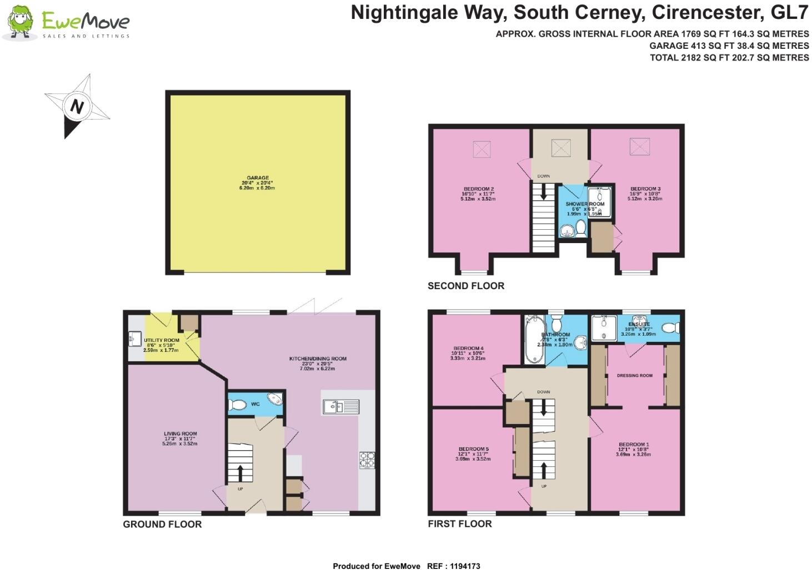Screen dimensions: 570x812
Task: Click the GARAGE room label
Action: (x=258, y=178)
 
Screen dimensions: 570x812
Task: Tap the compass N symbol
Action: (x=77, y=106)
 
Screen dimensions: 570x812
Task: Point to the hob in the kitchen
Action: (x=367, y=460)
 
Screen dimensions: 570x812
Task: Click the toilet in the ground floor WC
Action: (x=238, y=405)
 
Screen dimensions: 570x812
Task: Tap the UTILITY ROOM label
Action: (x=161, y=340)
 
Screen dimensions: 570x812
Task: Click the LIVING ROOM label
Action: (x=180, y=434)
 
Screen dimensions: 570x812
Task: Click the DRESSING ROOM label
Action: (x=634, y=376)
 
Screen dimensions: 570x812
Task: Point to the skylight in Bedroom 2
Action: (x=482, y=148)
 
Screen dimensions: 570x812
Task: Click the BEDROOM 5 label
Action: (x=473, y=449)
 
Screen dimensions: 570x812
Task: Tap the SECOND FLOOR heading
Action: (x=465, y=286)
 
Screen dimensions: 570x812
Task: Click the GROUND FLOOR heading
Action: (x=162, y=524)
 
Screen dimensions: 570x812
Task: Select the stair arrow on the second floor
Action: (x=543, y=192)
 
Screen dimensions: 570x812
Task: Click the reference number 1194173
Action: (x=462, y=566)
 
